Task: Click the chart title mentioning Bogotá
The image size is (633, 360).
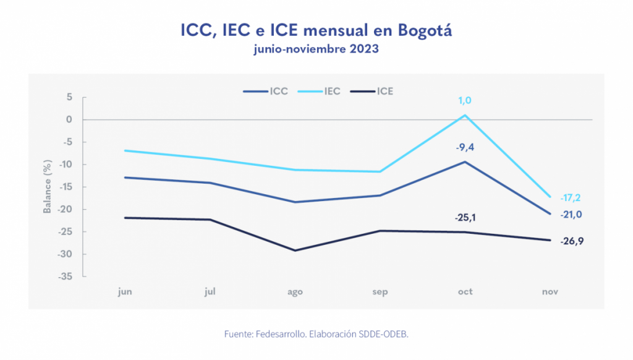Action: (316, 30)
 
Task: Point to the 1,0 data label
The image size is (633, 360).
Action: (465, 101)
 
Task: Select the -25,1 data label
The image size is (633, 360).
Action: (465, 218)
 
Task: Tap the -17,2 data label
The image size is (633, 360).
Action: (570, 198)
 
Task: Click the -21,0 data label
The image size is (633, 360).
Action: (570, 215)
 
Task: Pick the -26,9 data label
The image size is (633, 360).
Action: (571, 241)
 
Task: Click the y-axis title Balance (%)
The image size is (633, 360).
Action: (47, 187)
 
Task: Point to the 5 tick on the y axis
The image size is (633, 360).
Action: (70, 97)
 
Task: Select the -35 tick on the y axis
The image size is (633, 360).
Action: (66, 276)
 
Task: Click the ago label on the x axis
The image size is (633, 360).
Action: (295, 292)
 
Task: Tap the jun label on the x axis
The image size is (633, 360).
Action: (125, 292)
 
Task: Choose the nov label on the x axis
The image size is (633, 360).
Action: (549, 292)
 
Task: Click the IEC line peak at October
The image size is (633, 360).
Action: (465, 115)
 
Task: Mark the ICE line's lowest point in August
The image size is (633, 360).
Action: (295, 251)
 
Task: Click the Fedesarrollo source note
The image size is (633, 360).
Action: (316, 334)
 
